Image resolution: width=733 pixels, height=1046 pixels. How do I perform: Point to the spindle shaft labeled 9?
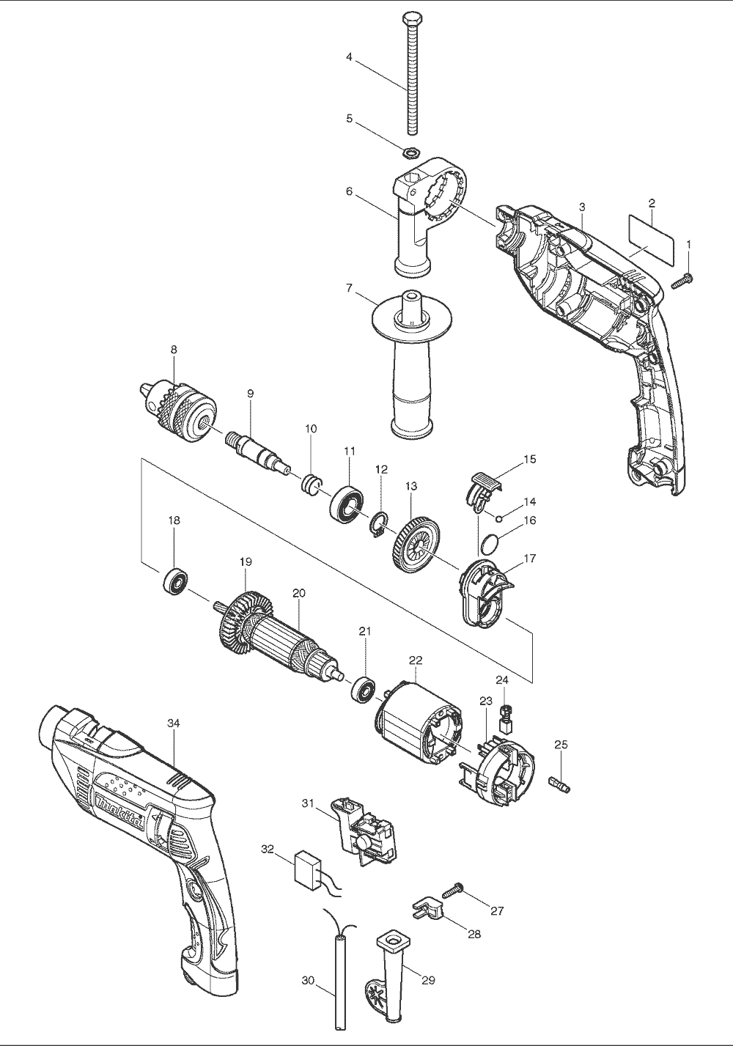pos(254,448)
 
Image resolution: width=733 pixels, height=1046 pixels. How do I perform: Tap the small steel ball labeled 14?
pos(498,518)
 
